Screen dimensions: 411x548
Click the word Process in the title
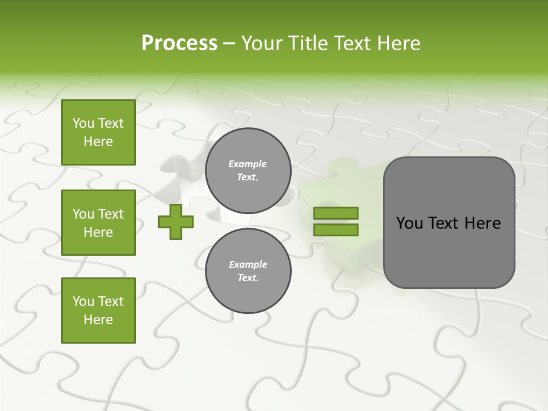click(x=179, y=43)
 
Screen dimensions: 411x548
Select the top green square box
click(x=98, y=132)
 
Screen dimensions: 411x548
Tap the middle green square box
click(x=98, y=223)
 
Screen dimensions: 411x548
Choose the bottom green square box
click(x=98, y=311)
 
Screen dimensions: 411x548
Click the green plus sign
click(x=176, y=221)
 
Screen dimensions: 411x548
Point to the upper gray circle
click(x=248, y=171)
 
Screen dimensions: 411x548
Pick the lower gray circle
click(x=248, y=271)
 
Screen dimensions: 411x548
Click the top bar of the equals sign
click(x=336, y=213)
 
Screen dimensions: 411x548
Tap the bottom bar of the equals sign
click(x=336, y=230)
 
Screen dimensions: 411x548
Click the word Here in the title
click(x=398, y=43)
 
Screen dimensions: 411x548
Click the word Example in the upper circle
click(x=248, y=164)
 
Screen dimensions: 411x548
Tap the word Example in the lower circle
click(x=248, y=264)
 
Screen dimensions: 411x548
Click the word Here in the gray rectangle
click(x=482, y=223)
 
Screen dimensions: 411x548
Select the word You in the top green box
click(x=83, y=123)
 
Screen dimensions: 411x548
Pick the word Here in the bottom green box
click(x=98, y=320)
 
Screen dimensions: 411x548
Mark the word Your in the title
click(x=262, y=43)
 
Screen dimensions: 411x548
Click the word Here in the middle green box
click(x=98, y=232)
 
